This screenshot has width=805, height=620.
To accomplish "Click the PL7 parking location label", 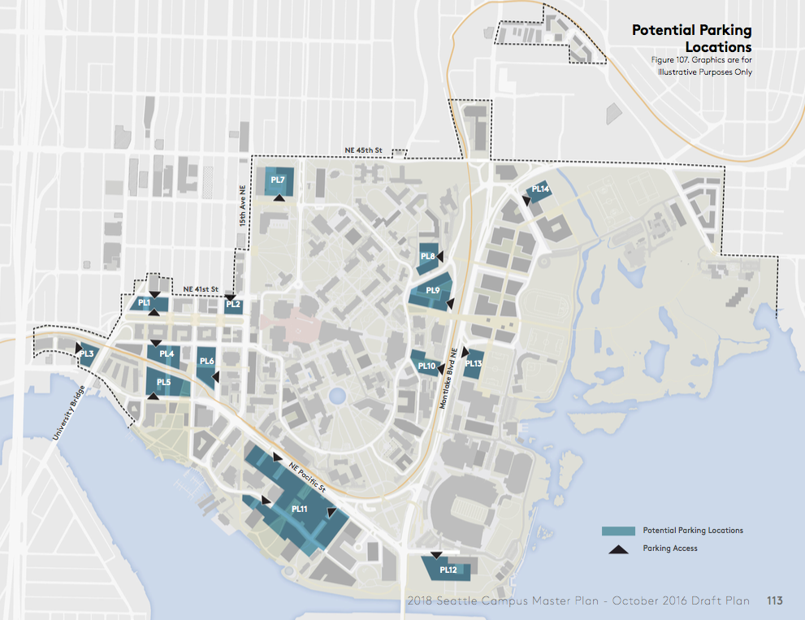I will click(x=278, y=180).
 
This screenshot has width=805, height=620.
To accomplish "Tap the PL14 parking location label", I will click(x=540, y=189).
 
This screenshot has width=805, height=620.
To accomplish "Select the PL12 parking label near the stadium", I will click(x=448, y=570).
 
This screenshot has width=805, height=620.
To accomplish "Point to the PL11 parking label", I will click(x=299, y=509).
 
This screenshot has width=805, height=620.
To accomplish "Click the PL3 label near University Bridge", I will click(x=87, y=353).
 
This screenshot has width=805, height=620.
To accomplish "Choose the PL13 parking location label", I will click(x=474, y=364).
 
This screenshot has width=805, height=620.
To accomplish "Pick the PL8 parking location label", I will click(x=428, y=257).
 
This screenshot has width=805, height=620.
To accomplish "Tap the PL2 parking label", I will click(x=233, y=305).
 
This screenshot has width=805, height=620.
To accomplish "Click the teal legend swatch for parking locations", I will click(x=617, y=531).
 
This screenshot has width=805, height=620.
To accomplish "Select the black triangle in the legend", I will click(x=618, y=549).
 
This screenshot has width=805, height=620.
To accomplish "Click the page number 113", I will click(x=774, y=600).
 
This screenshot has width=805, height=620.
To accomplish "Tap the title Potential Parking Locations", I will click(x=692, y=39).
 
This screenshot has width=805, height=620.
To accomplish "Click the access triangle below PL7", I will click(x=279, y=197).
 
